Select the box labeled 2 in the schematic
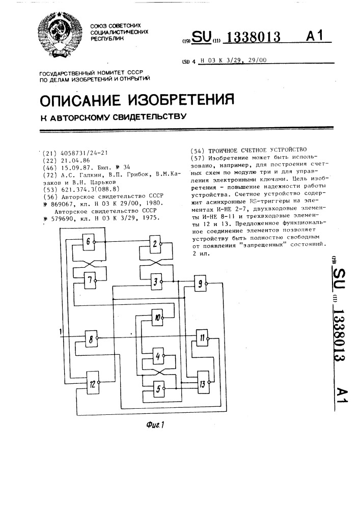[x=155, y=244]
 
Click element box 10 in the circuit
[x=157, y=318]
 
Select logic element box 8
[x=91, y=339]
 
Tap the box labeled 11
[x=202, y=338]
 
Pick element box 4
[x=158, y=356]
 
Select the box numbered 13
[x=203, y=384]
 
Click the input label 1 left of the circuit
[x=60, y=331]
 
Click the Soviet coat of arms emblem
[x=60, y=36]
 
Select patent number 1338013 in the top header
[x=252, y=37]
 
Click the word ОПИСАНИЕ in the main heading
[x=80, y=100]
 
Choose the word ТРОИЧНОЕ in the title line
[x=223, y=150]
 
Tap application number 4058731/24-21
[x=84, y=153]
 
